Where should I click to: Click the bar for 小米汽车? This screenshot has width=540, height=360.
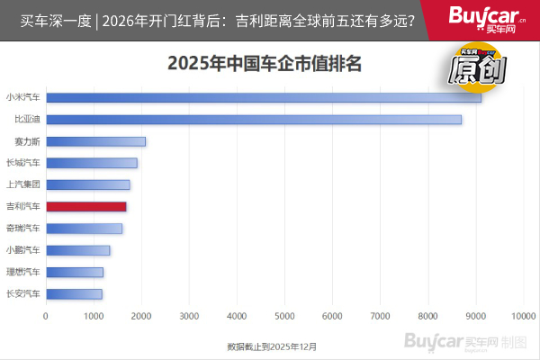point(263,97)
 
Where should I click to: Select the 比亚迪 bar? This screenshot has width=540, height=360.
point(253,119)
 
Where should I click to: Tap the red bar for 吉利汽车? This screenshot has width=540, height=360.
point(85,206)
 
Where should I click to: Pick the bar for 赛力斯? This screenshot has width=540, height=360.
point(95,141)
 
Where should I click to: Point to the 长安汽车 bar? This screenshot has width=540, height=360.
point(74,293)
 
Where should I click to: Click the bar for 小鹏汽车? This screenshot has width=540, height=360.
point(77,250)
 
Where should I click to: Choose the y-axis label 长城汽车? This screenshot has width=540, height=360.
point(22,163)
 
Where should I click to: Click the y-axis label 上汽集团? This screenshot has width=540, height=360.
point(22,184)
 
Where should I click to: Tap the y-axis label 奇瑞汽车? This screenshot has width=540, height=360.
point(22,229)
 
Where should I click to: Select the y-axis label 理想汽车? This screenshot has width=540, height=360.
point(22,272)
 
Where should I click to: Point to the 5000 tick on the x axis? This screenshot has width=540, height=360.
point(284,316)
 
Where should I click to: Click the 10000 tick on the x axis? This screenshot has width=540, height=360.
point(523,316)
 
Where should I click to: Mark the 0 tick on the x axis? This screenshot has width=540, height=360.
point(46,316)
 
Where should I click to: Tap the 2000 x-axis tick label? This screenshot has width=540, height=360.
point(141,316)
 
